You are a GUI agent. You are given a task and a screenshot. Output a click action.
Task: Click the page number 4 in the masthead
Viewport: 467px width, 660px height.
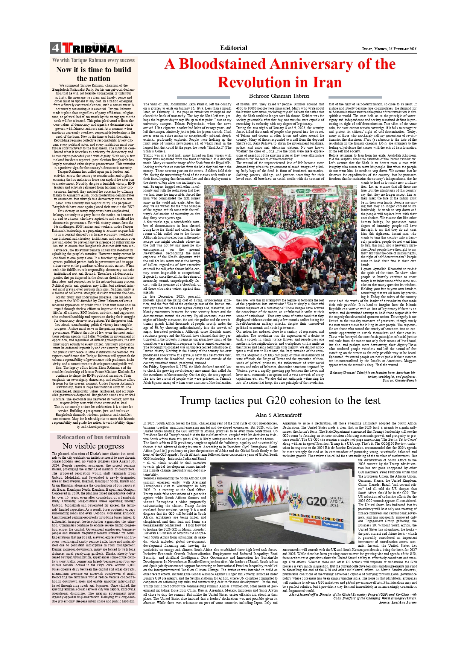pyautogui.click(x=55, y=48)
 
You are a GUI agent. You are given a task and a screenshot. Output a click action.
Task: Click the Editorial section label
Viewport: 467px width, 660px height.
pyautogui.click(x=234, y=48)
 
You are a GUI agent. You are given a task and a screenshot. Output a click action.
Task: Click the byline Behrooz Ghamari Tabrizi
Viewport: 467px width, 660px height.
pyautogui.click(x=279, y=96)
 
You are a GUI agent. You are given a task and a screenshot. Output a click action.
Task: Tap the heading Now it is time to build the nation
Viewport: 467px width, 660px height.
pyautogui.click(x=93, y=74)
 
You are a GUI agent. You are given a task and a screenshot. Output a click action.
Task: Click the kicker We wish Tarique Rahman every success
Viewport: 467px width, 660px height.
pyautogui.click(x=93, y=60)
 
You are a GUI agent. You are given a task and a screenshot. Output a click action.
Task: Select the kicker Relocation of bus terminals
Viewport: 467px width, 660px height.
pyautogui.click(x=93, y=437)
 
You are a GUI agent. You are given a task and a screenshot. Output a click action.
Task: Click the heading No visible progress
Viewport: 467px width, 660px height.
pyautogui.click(x=93, y=446)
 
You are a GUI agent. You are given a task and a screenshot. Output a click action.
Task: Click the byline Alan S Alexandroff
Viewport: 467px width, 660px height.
pyautogui.click(x=278, y=415)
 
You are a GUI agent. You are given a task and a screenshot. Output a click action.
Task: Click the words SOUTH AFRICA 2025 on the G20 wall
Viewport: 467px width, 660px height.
pyautogui.click(x=336, y=502)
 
